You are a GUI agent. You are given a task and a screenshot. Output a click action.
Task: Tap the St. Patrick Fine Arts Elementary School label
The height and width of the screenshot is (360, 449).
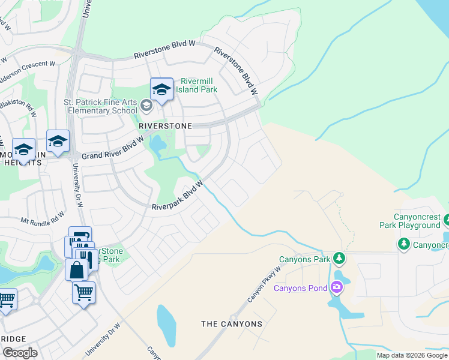tap(101, 106)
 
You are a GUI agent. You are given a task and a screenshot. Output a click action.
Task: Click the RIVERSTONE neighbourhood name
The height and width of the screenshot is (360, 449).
tap(165, 126)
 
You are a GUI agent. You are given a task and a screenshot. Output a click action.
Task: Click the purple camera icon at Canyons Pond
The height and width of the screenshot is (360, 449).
tap(337, 287)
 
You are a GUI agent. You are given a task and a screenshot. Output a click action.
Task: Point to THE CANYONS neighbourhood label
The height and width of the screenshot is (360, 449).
tap(232, 324)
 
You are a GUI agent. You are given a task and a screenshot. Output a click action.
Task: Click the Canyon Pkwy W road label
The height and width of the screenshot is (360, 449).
tap(264, 284)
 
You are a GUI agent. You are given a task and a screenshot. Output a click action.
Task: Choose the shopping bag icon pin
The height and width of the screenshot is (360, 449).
tap(77, 269)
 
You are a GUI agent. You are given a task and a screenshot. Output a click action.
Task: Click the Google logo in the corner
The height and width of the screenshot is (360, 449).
tap(20, 353)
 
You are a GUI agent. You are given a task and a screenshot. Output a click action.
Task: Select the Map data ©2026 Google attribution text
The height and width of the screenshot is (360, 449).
tap(411, 355)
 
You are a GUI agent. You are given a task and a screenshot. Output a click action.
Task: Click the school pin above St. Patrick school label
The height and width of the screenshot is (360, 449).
tap(161, 89)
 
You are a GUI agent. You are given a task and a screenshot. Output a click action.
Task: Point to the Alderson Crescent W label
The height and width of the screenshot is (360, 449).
tap(27, 71)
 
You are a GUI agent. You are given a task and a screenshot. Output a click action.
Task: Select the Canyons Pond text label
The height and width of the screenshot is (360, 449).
tap(301, 288)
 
